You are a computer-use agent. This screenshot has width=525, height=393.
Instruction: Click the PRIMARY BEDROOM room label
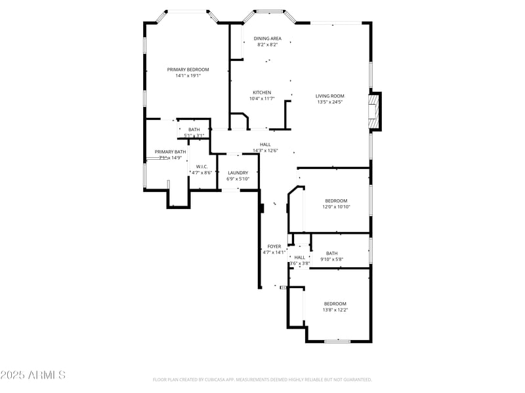[x=188, y=69]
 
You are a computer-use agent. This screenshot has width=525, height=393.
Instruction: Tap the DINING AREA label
[x=267, y=39]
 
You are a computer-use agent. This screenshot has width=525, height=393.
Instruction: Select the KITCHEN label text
[x=262, y=92]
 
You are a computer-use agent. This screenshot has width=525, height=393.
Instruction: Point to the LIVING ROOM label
[x=329, y=96]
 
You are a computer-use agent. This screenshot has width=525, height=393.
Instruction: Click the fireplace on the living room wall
[x=374, y=112]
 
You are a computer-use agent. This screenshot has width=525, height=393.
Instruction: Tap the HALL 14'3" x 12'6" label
[x=265, y=145]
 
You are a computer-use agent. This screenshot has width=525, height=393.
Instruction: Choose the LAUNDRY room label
[x=238, y=172]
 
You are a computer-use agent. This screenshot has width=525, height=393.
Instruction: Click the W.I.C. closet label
[x=201, y=166]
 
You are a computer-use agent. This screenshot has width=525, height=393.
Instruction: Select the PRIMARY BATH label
[x=170, y=152]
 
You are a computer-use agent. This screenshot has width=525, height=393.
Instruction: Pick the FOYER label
[x=274, y=246]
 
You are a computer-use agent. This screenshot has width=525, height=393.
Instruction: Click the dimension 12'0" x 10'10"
[x=335, y=207]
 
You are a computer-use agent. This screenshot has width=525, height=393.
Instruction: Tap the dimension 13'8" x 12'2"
[x=335, y=310]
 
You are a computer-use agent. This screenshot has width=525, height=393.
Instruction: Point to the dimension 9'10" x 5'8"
[x=331, y=259]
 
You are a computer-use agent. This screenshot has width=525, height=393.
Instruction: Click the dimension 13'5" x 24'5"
[x=329, y=102]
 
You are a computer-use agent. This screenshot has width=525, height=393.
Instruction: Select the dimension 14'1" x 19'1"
[x=188, y=76]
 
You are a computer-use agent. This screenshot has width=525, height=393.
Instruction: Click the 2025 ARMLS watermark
[x=33, y=375]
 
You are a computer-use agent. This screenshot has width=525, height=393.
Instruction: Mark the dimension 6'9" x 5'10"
[x=238, y=179]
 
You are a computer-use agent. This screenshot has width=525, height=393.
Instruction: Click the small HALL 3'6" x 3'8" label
[x=299, y=257]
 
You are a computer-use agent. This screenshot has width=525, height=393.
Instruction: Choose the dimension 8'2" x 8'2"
[x=267, y=45]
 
